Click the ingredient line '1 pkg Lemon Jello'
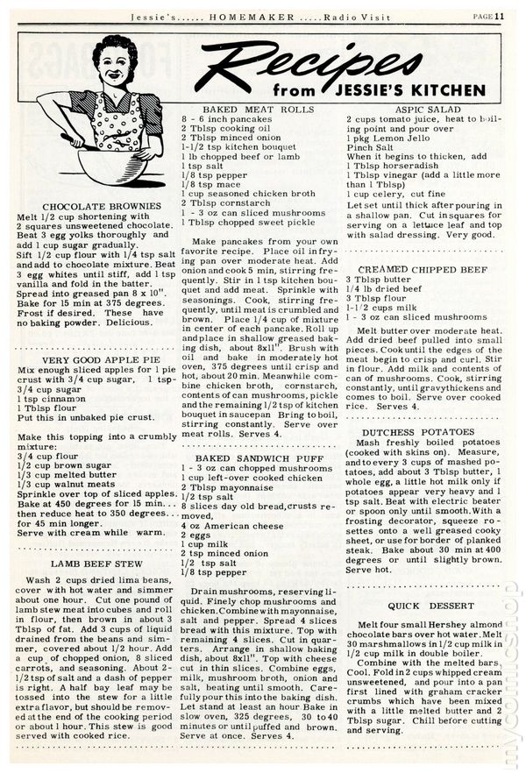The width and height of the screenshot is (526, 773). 384,136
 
